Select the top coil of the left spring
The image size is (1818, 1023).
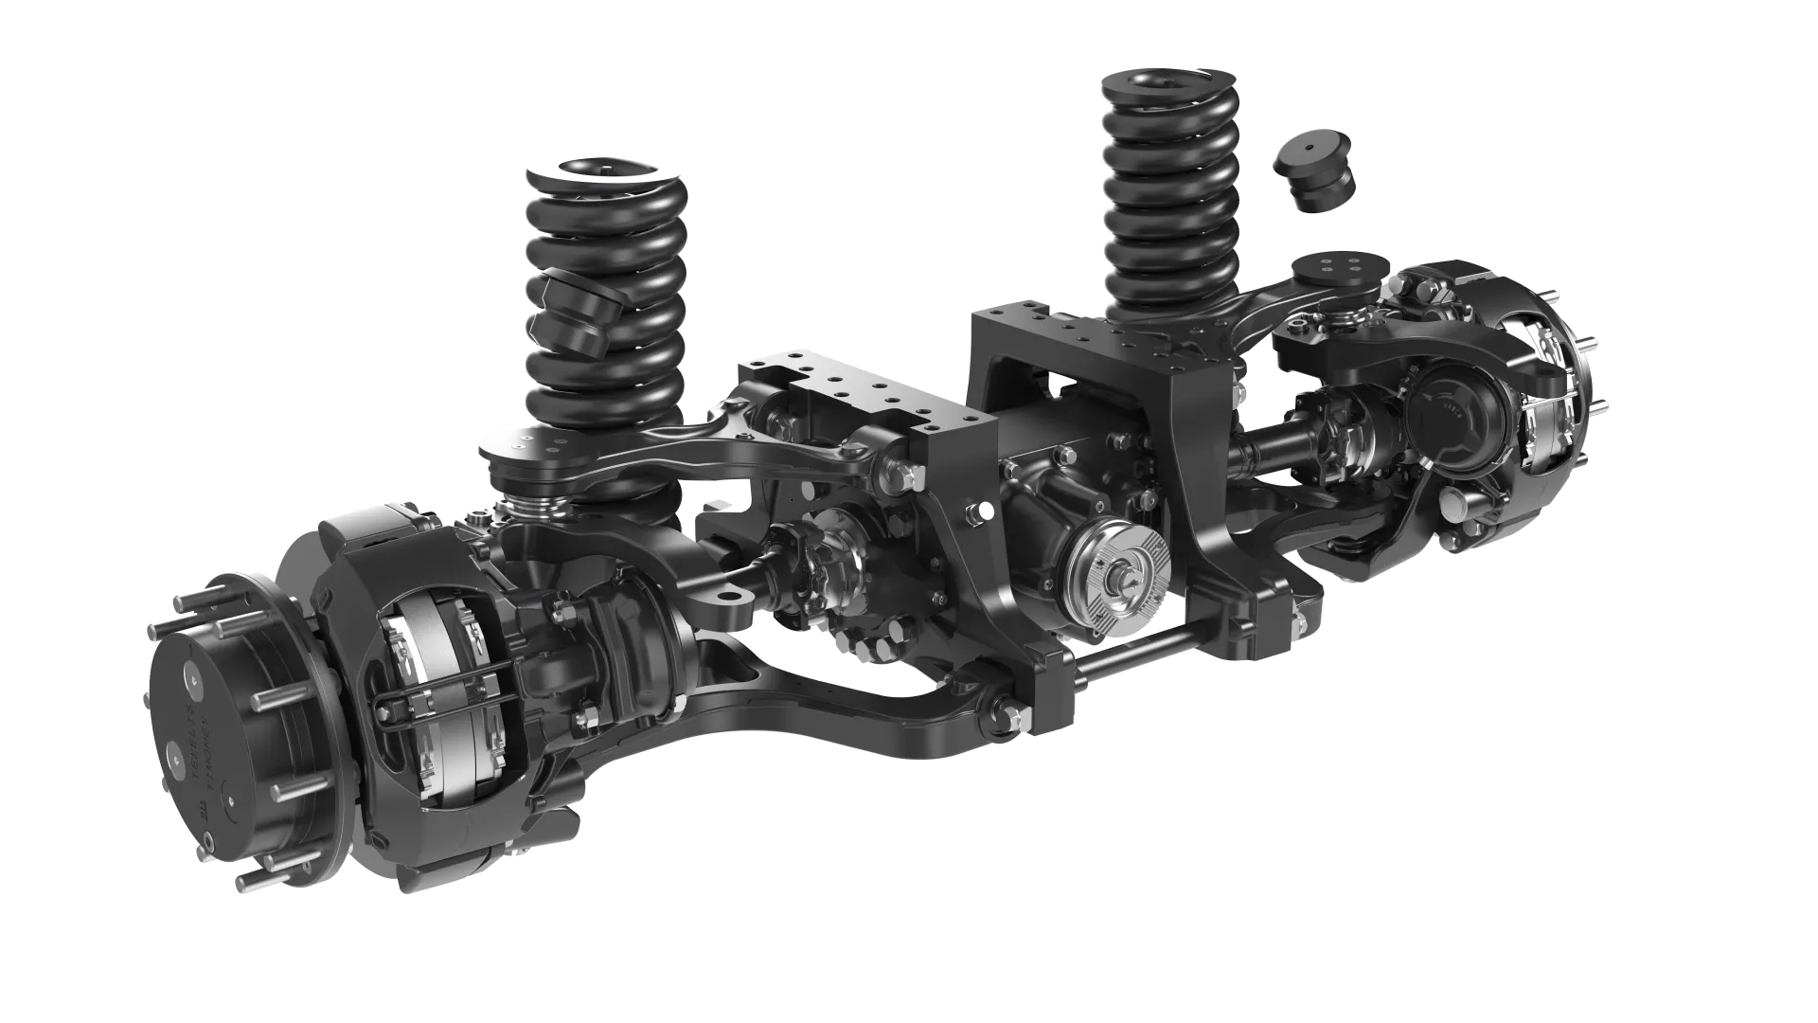(603, 176)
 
